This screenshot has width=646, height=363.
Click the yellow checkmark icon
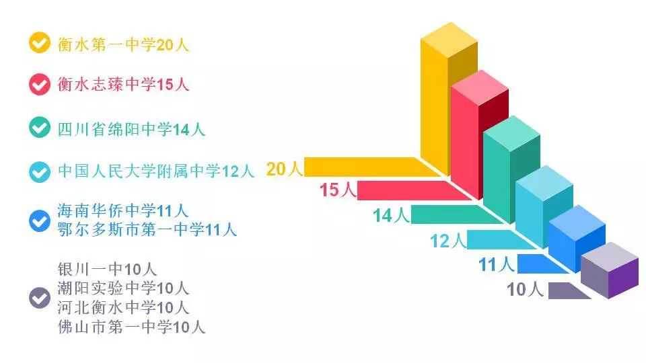pos(40,43)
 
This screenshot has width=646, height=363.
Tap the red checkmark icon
pos(40,85)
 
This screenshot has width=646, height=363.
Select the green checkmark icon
pos(40,128)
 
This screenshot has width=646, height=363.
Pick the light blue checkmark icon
pos(40,171)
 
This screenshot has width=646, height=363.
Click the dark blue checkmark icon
pos(40,220)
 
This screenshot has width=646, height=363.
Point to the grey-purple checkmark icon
pos(40,298)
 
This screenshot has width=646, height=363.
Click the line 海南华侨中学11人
pos(123,211)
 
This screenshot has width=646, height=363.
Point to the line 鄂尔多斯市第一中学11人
pos(147,229)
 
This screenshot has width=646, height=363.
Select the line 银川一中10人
pos(107,269)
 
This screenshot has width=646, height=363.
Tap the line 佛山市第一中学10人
pos(131,327)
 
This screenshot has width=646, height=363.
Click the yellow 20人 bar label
pos(284,169)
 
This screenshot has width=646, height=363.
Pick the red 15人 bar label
pos(338,190)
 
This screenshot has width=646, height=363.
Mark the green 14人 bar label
pos(392,215)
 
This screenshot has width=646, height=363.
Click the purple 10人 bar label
pos(525,290)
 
